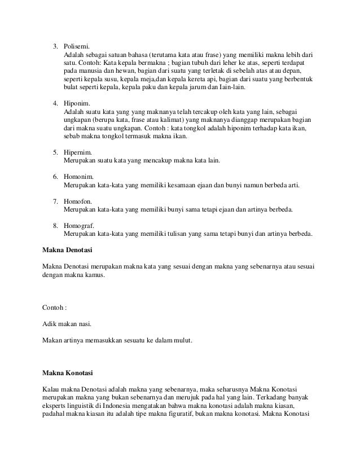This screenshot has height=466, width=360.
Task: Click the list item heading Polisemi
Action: (x=76, y=46)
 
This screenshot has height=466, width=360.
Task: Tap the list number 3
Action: (x=55, y=46)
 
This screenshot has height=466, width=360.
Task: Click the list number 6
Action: (x=55, y=177)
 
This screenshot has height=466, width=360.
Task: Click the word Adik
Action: (x=50, y=325)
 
